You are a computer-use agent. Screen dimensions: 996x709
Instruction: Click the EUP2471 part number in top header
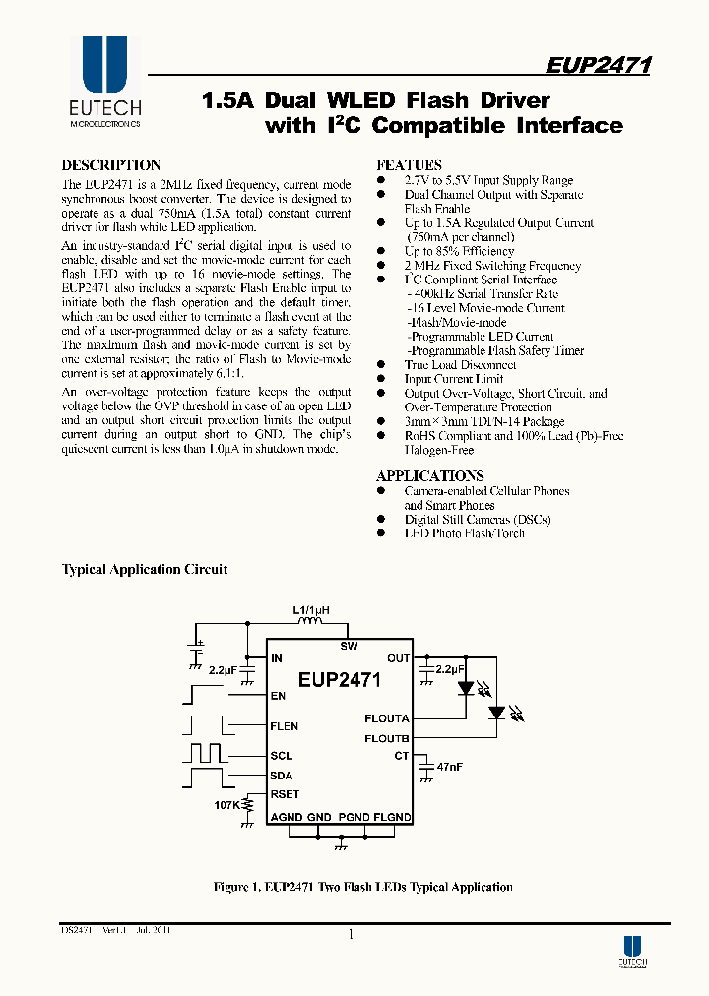pos(598,65)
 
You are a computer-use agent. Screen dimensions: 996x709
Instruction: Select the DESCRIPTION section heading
pos(110,165)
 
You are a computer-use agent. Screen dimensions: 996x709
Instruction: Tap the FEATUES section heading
pos(409,165)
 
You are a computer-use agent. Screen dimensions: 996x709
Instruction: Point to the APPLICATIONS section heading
pos(429,476)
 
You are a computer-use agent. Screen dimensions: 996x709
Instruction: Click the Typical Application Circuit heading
pos(145,569)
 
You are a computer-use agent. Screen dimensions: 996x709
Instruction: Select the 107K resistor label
pos(226,804)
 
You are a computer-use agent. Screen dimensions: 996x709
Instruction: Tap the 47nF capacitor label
pos(450,765)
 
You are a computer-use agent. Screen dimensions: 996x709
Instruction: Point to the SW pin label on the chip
pos(349,646)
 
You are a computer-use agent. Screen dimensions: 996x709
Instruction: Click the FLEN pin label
pos(285,727)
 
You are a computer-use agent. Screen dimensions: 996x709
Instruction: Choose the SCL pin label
pos(282,756)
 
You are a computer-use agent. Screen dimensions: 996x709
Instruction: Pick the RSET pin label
pos(285,794)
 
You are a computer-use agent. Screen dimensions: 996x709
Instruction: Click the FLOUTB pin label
pos(386,738)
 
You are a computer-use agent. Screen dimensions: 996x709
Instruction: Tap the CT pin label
pos(401,756)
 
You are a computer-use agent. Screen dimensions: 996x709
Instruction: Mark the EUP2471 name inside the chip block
pos(340,679)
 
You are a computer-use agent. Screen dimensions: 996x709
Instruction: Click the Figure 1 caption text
pos(362,887)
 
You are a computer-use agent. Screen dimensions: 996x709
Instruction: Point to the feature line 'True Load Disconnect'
pos(460,365)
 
